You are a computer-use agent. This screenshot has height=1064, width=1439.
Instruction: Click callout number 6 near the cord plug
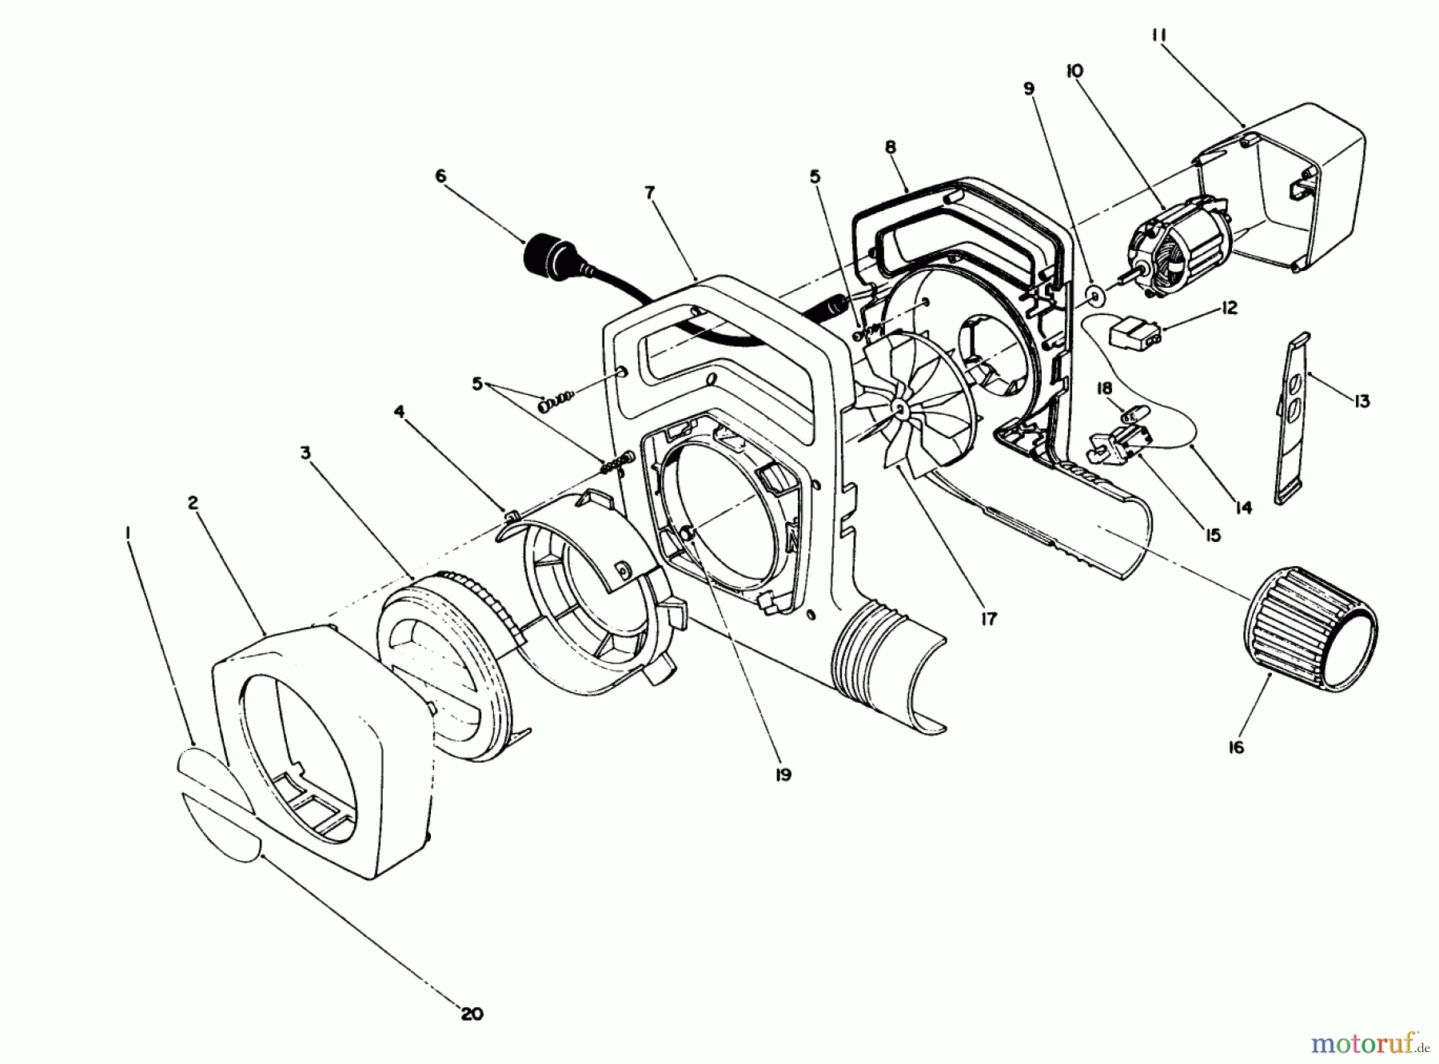440,177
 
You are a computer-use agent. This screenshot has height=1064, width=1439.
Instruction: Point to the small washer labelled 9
1094,297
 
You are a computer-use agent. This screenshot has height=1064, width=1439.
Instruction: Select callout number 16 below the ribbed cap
1237,747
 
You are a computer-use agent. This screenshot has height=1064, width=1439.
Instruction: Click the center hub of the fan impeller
900,408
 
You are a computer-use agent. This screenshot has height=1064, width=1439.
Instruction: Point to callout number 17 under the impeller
989,618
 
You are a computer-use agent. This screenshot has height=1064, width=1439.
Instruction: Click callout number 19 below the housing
783,774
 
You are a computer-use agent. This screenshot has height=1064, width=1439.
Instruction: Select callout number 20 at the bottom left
472,1014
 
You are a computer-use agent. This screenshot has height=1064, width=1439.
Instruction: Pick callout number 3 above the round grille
305,453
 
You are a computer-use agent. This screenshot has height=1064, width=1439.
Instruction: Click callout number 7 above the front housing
649,193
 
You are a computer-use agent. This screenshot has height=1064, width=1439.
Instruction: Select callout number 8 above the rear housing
891,147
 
